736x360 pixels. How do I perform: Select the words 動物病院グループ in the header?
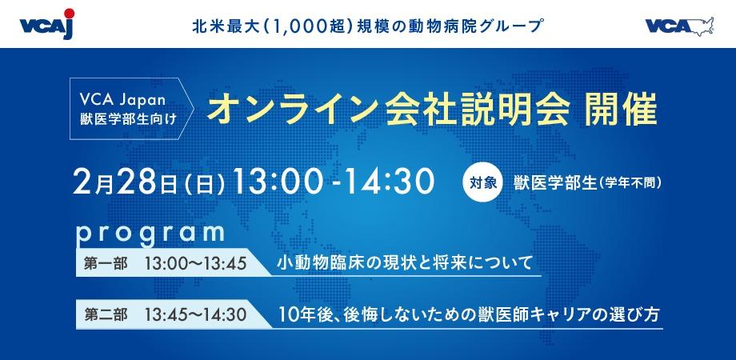pos(470,26)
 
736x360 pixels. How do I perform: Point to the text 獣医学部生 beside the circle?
pos(553,182)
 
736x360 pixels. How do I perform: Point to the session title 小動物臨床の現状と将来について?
pos(404,263)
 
